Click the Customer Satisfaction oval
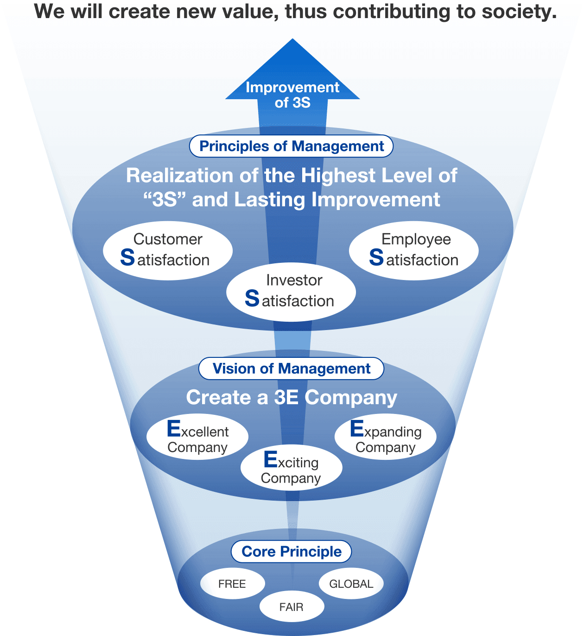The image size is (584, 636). tap(168, 250)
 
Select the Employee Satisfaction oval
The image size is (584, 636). tap(414, 250)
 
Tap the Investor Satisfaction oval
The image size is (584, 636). tap(291, 292)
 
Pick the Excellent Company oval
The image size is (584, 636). tap(197, 436)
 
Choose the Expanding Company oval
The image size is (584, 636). tap(386, 436)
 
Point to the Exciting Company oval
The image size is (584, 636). tap(292, 467)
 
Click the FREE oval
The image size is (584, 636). tap(232, 583)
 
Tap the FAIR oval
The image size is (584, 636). tap(292, 606)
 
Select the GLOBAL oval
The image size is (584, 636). tap(351, 583)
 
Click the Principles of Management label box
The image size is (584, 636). tap(291, 146)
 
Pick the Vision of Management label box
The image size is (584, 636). tap(291, 369)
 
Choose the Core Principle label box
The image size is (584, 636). tap(291, 551)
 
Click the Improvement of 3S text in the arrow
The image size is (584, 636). tap(292, 95)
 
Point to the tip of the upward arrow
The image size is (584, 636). tap(292, 38)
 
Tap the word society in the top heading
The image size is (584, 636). tap(519, 12)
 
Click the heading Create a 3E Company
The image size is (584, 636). tap(292, 397)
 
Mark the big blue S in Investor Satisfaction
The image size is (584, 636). tap(252, 298)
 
